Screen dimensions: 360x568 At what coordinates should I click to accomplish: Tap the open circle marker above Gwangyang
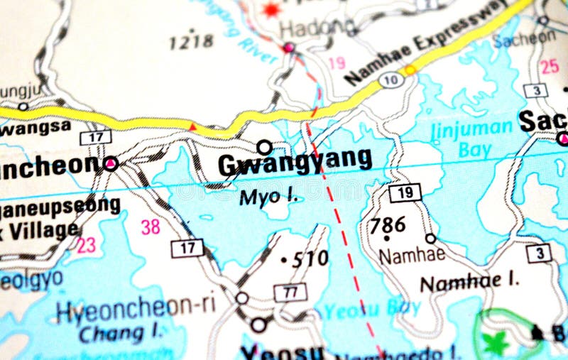[x=264, y=147]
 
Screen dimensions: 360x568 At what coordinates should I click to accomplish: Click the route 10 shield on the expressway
[x=391, y=80]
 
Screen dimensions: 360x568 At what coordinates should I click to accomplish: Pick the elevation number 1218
[x=192, y=41]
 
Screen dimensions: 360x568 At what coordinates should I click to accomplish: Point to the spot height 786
[x=388, y=225]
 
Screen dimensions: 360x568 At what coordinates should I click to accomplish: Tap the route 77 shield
[x=290, y=292]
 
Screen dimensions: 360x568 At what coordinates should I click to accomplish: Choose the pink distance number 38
[x=151, y=227]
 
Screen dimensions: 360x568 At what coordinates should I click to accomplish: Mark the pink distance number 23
[x=86, y=246]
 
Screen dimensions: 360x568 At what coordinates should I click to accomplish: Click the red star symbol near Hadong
[x=271, y=9]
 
